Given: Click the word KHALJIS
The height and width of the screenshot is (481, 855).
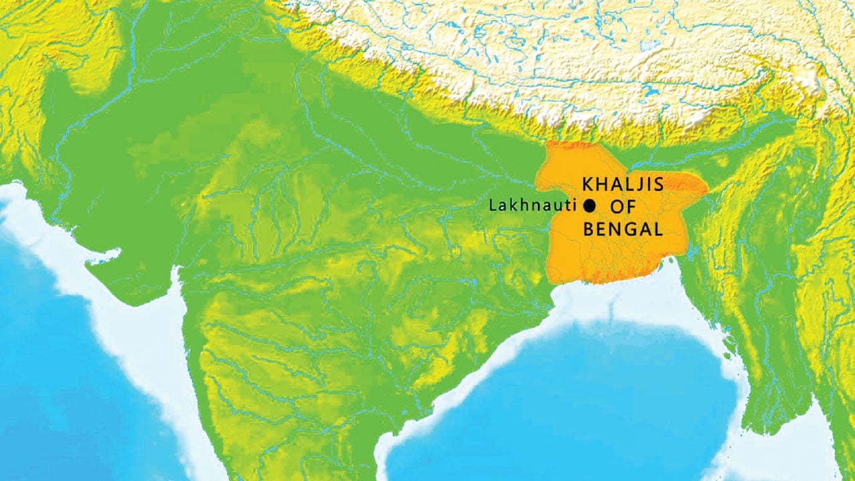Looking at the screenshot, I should pyautogui.click(x=623, y=184).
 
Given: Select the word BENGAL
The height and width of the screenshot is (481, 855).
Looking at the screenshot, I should pyautogui.click(x=623, y=230).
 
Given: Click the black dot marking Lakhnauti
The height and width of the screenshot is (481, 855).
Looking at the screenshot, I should pyautogui.click(x=589, y=206).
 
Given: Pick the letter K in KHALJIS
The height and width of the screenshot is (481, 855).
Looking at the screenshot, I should pyautogui.click(x=589, y=184).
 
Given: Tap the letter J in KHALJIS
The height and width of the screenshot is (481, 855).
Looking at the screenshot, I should pyautogui.click(x=640, y=185).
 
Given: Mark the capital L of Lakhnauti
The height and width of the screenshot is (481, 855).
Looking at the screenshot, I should pyautogui.click(x=494, y=206).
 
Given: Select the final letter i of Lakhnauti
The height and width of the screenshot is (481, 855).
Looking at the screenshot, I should pyautogui.click(x=573, y=206).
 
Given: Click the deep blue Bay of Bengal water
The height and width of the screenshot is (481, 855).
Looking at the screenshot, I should pyautogui.click(x=601, y=387).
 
